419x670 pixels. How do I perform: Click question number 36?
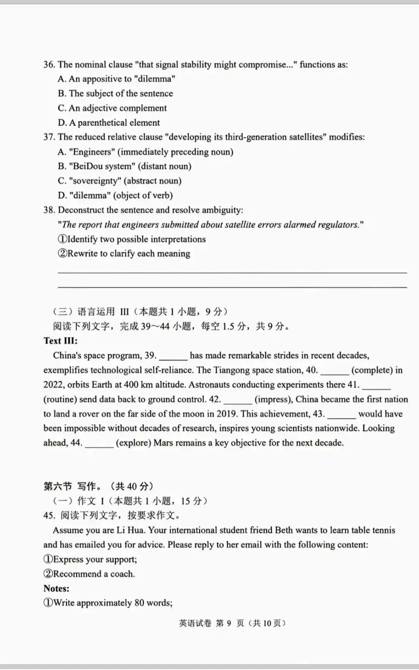pyautogui.click(x=49, y=64)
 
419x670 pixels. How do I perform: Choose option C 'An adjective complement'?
pyautogui.click(x=112, y=108)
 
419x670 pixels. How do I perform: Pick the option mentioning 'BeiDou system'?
pyautogui.click(x=125, y=166)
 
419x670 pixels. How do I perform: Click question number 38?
pyautogui.click(x=49, y=210)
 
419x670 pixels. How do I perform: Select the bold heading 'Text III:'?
pyautogui.click(x=60, y=341)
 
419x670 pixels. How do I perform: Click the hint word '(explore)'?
pyautogui.click(x=133, y=443)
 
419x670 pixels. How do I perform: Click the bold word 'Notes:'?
pyautogui.click(x=56, y=588)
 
